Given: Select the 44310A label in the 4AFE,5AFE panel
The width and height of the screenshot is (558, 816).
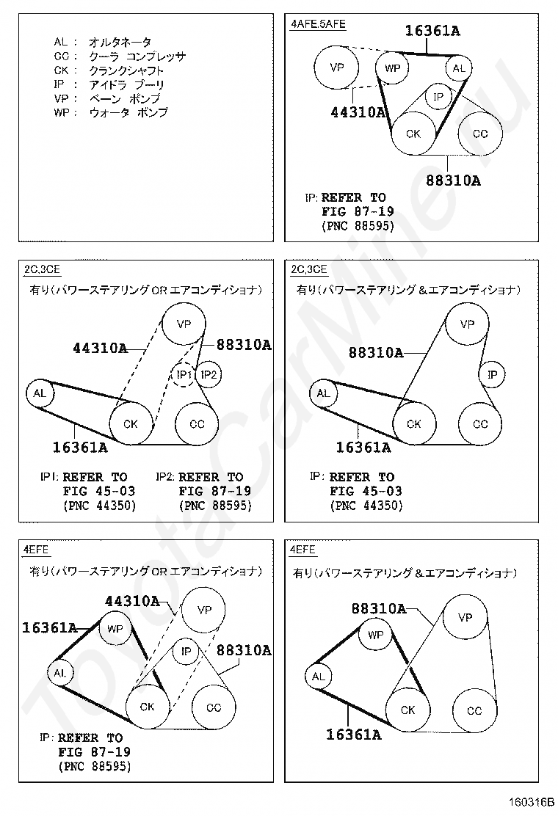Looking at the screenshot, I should click(x=357, y=112).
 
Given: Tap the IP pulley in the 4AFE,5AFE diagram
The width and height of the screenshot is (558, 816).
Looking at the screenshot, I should click(x=438, y=97).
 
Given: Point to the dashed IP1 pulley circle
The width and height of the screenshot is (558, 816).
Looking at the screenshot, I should click(x=184, y=375).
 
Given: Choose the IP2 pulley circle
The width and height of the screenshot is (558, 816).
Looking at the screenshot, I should click(x=209, y=375).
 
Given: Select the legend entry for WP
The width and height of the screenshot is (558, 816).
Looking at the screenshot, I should click(x=110, y=113).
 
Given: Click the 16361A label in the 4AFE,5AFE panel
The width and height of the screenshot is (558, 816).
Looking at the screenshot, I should click(x=432, y=31).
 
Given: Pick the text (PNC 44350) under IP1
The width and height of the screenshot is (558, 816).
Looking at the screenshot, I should click(x=100, y=506).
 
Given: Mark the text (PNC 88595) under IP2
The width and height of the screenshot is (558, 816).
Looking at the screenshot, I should click(x=215, y=506).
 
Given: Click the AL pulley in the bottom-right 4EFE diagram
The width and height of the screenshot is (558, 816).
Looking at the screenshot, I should click(x=318, y=677).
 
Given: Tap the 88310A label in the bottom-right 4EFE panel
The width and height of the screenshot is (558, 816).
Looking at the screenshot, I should click(x=378, y=608).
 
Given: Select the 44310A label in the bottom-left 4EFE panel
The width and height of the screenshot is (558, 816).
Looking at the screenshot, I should click(x=132, y=601).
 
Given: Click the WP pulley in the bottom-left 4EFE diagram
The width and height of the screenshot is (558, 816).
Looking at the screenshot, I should click(x=115, y=629).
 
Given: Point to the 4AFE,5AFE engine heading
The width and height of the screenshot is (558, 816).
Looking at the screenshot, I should click(x=318, y=24).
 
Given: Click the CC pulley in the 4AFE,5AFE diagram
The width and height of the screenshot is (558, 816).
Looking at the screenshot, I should click(x=479, y=134).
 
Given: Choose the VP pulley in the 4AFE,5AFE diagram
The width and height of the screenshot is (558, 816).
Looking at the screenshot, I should click(x=337, y=68).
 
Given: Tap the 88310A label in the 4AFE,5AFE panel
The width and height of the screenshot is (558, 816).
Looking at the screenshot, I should click(x=453, y=181).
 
